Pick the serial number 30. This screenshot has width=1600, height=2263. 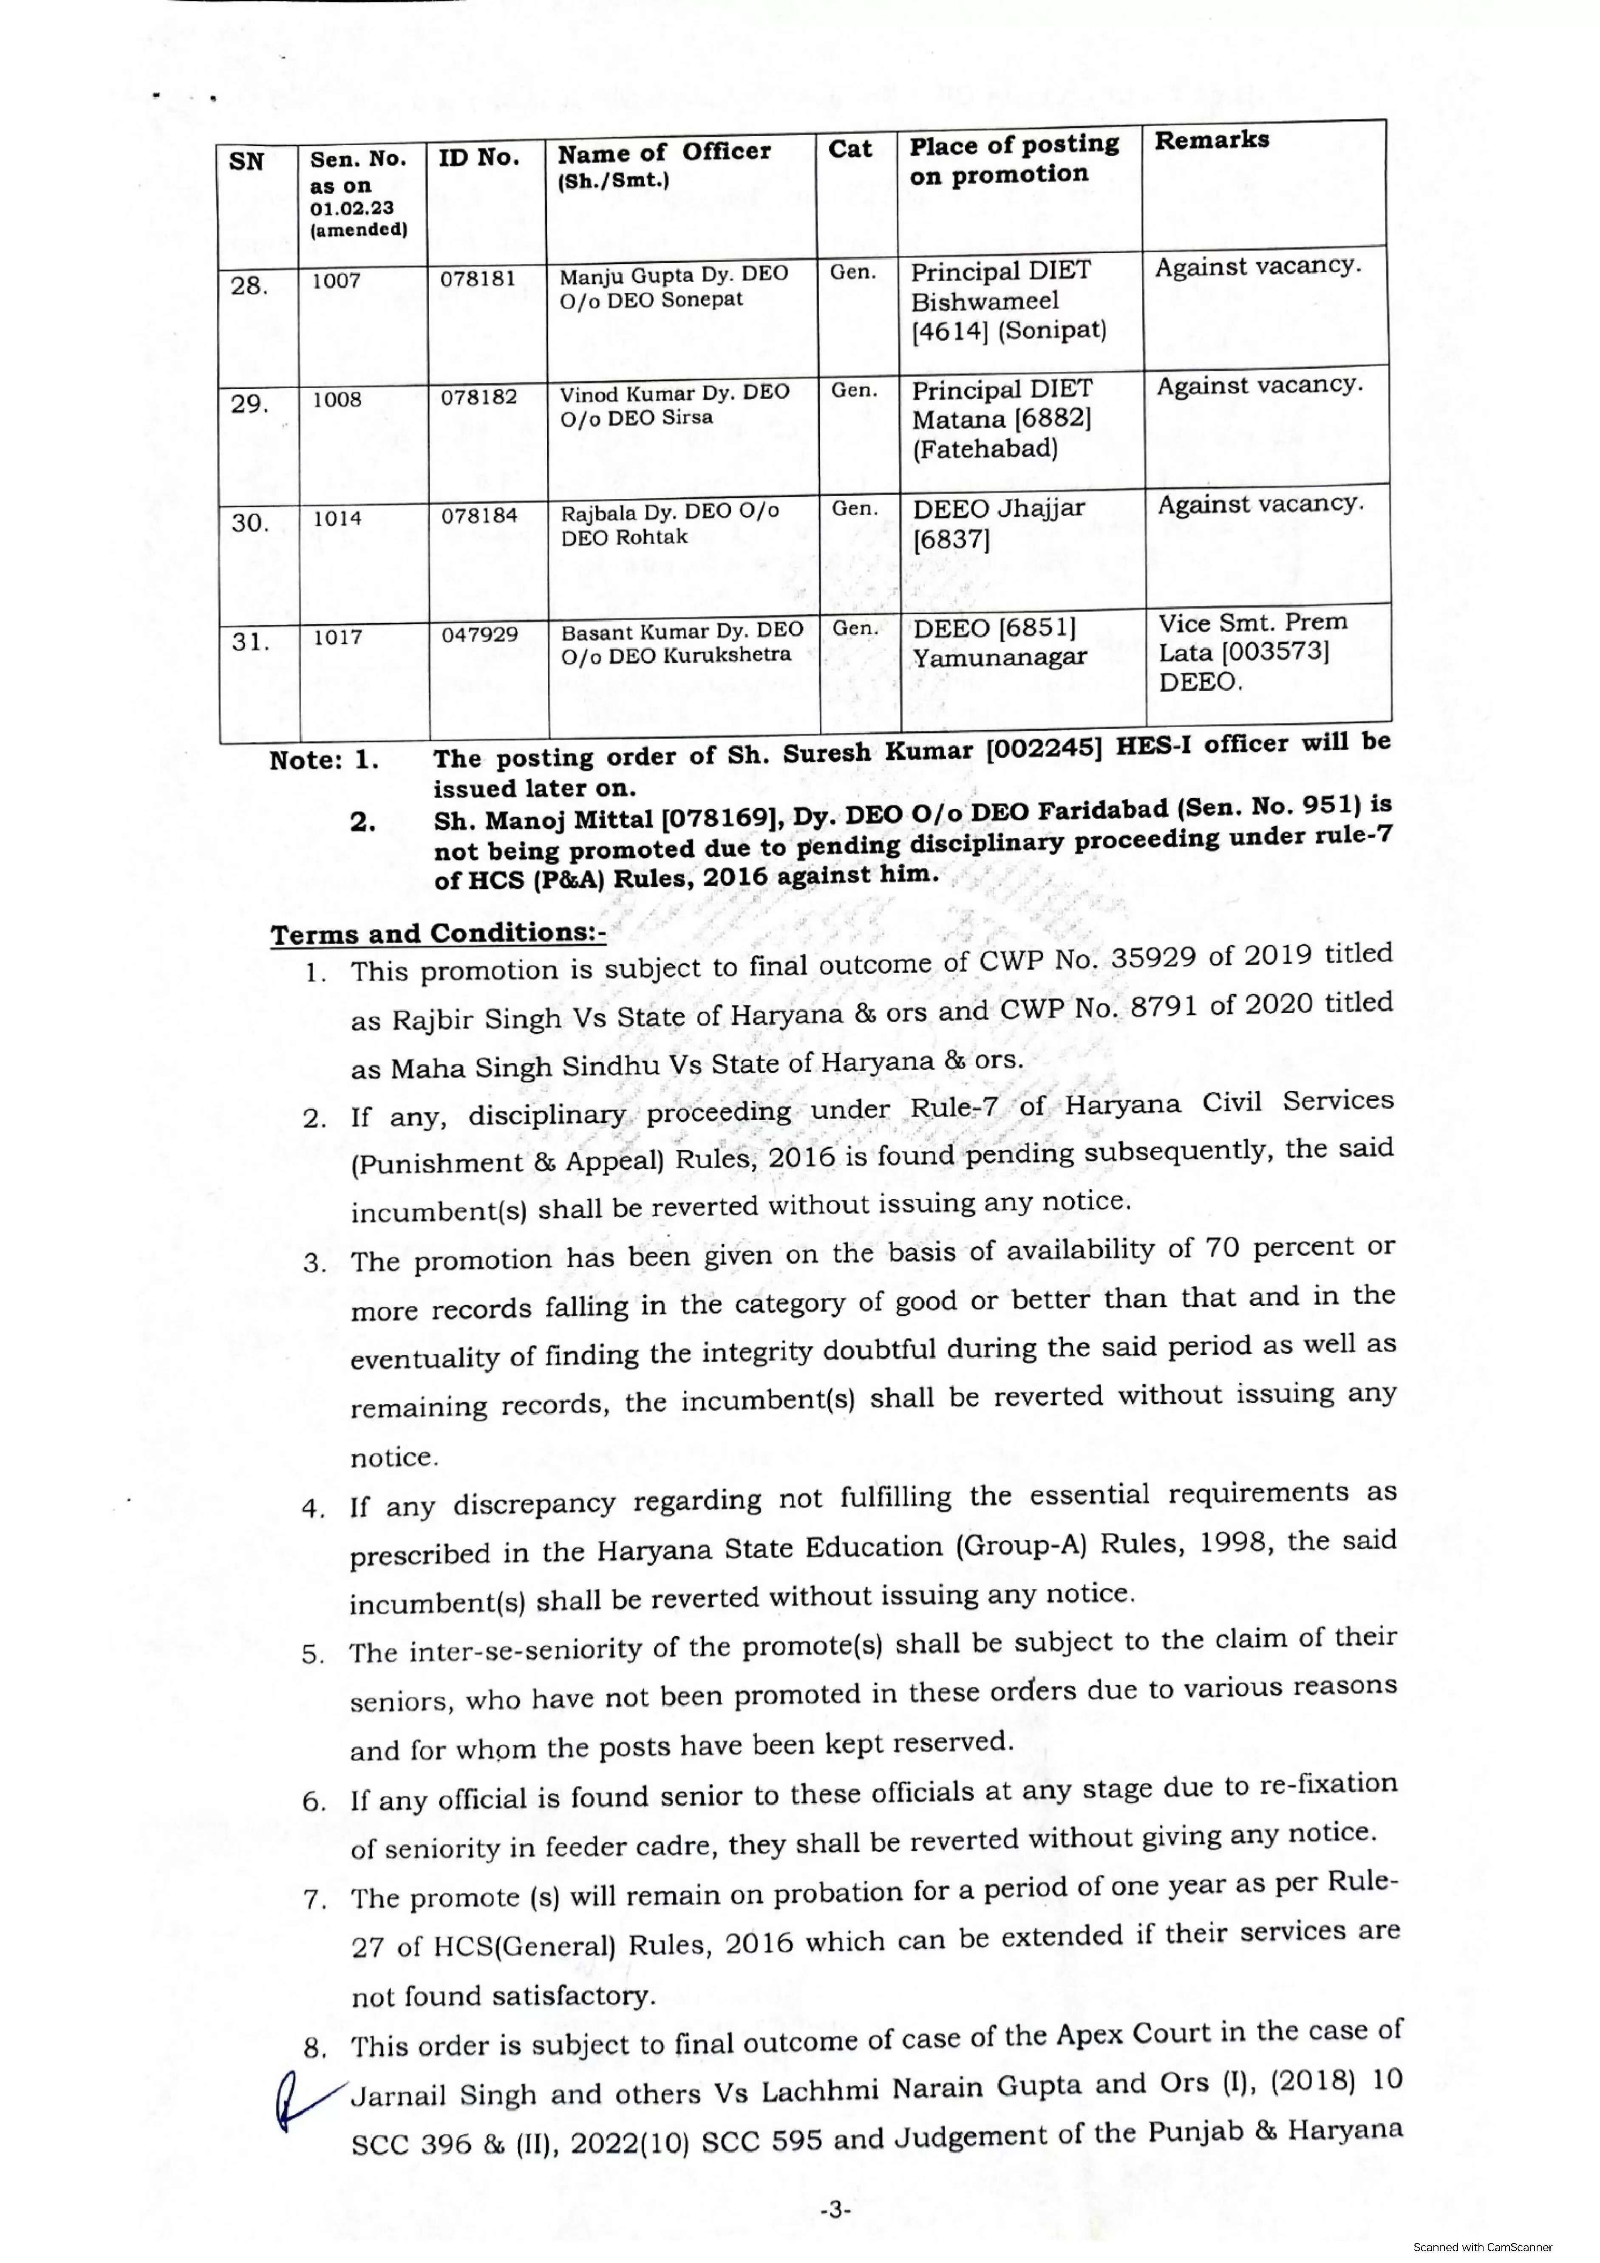(x=250, y=523)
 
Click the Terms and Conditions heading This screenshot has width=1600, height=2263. (x=438, y=933)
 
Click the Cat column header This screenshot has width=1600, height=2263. (x=850, y=149)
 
